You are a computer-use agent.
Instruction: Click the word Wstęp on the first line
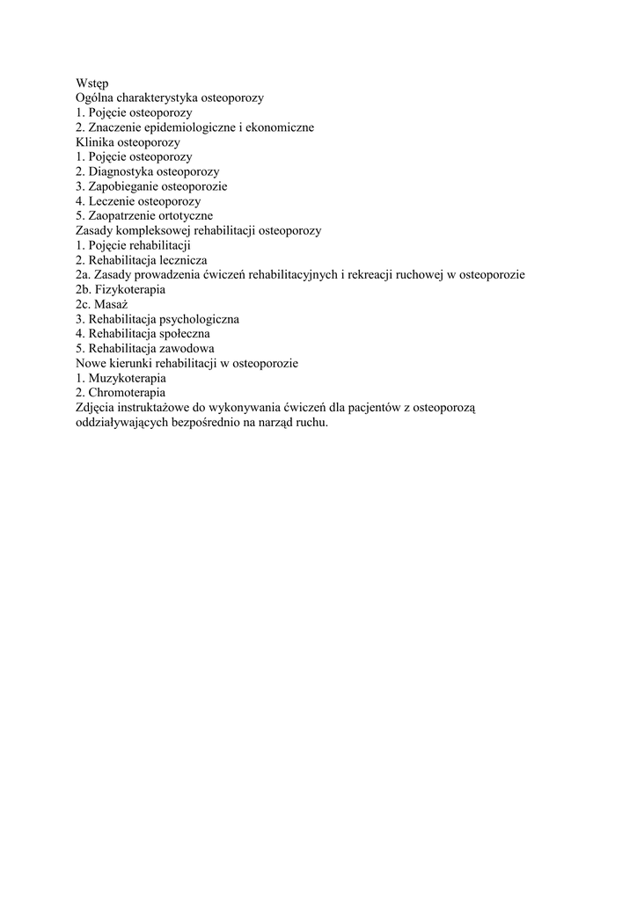(x=92, y=83)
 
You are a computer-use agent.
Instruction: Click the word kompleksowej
(x=151, y=230)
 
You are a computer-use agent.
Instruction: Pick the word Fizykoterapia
(x=129, y=289)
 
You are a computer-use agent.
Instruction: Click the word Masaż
(x=111, y=304)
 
